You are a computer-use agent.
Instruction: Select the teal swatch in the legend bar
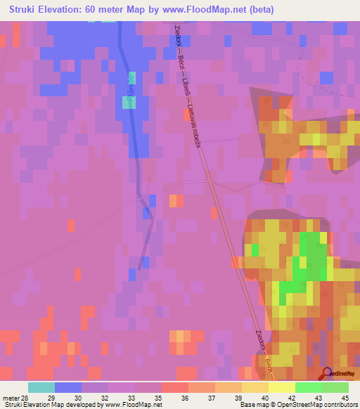coord(41,387)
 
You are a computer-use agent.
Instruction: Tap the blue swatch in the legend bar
coord(68,387)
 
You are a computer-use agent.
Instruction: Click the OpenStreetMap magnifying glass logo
coord(326,373)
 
